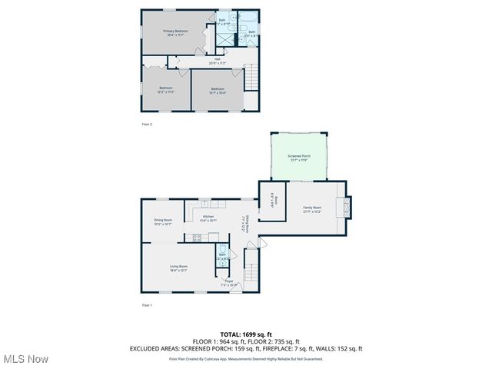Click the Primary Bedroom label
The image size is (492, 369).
point(175,32)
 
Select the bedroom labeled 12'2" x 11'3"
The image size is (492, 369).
point(166,90)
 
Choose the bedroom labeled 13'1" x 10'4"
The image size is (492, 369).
point(218,90)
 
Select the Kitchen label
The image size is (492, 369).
point(208,218)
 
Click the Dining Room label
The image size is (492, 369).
point(162,222)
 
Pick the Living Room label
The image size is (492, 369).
point(178,268)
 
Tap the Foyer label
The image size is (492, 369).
point(228,282)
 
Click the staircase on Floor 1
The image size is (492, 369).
point(251,274)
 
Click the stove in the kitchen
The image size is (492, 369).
point(196,238)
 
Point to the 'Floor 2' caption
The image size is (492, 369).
point(147,124)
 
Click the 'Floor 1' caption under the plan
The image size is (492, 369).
point(147,305)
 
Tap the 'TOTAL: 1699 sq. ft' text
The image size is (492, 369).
point(245,334)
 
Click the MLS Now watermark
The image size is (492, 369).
point(25,359)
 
